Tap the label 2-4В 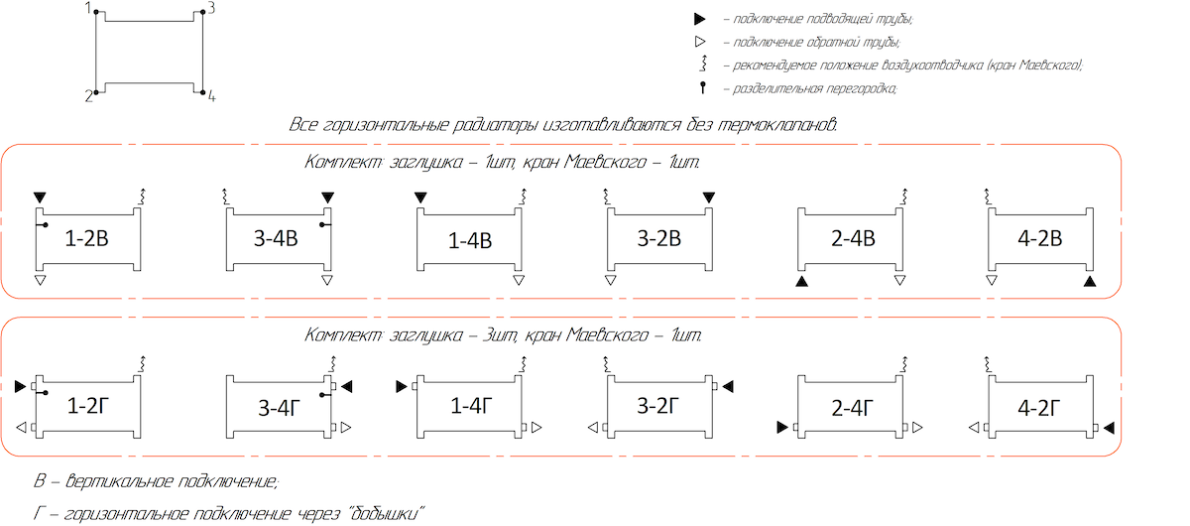coord(853,239)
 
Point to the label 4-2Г coord(1040,407)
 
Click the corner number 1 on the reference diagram coord(88,8)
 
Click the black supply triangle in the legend coord(700,19)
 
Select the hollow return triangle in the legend coord(700,42)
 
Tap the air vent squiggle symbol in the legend coord(703,65)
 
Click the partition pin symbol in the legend coord(703,87)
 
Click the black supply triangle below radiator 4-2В coord(1090,283)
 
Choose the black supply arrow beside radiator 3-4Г coord(347,386)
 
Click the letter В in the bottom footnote coord(40,482)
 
